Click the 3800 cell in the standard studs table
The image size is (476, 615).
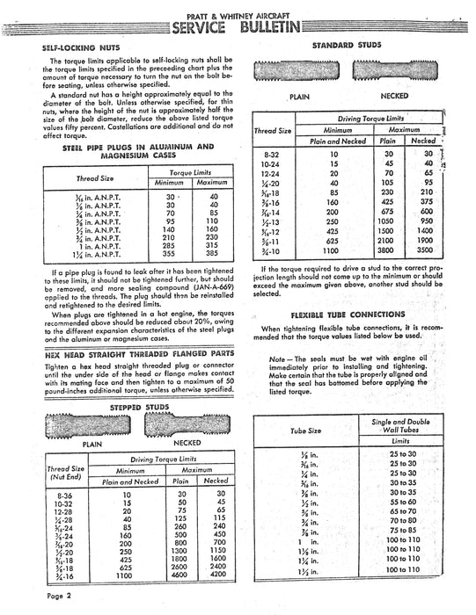pyautogui.click(x=385, y=273)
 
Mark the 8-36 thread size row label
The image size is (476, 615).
pyautogui.click(x=63, y=495)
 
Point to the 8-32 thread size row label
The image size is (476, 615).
pyautogui.click(x=272, y=153)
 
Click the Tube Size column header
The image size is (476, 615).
pyautogui.click(x=305, y=430)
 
